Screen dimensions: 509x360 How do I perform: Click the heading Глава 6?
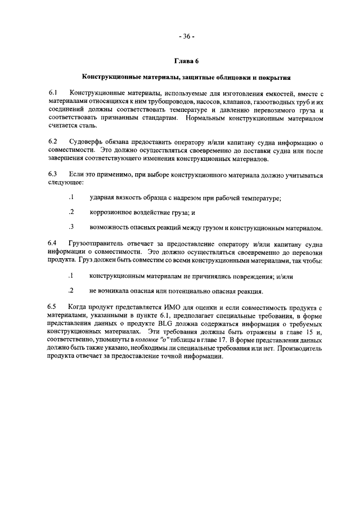point(186,61)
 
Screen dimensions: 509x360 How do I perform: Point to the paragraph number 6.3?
point(52,175)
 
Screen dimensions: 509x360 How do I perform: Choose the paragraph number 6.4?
point(52,243)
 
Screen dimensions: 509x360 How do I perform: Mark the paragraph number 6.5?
point(52,307)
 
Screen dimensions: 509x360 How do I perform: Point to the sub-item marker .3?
point(71,227)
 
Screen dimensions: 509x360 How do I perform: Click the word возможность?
point(112,227)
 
